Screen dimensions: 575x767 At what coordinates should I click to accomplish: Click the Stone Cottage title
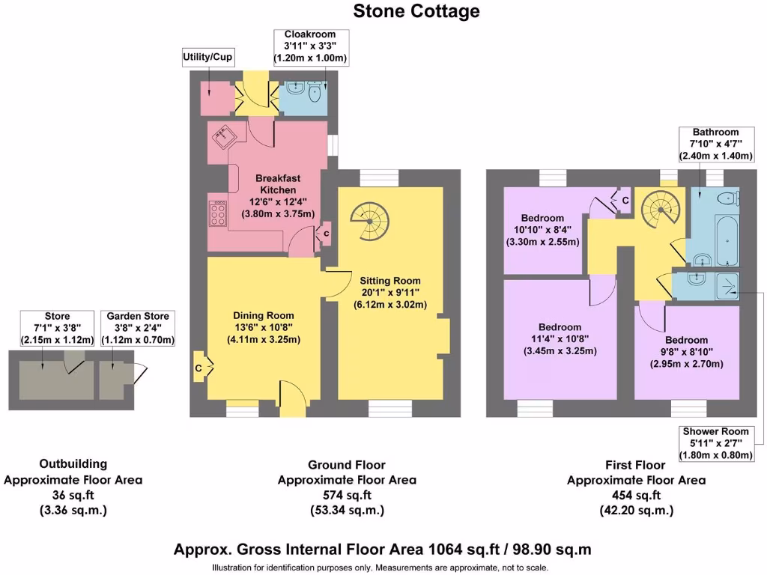tap(416, 11)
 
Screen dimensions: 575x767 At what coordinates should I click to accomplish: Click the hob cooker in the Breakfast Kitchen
tap(218, 213)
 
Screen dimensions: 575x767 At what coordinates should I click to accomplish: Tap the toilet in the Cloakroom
tap(315, 93)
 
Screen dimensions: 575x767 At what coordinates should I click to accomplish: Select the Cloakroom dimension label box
tap(309, 46)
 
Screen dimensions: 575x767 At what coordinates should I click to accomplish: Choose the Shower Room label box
tap(715, 443)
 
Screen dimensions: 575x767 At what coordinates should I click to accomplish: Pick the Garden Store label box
tap(137, 329)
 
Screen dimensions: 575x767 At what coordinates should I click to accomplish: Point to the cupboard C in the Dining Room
tap(199, 368)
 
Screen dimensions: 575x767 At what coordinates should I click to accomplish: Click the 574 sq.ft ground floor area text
tap(347, 495)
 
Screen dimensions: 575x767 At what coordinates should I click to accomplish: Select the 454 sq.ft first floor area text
tap(636, 495)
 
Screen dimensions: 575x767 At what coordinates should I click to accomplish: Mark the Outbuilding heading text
tap(73, 464)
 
